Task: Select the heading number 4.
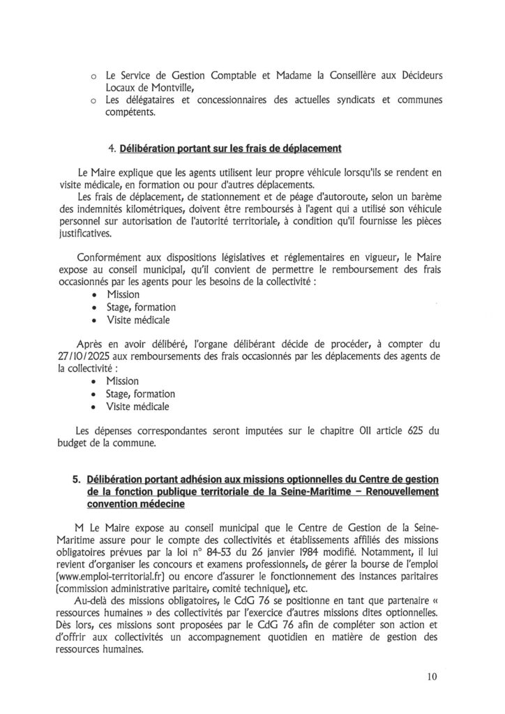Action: click(x=112, y=148)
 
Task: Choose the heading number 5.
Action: click(x=76, y=479)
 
